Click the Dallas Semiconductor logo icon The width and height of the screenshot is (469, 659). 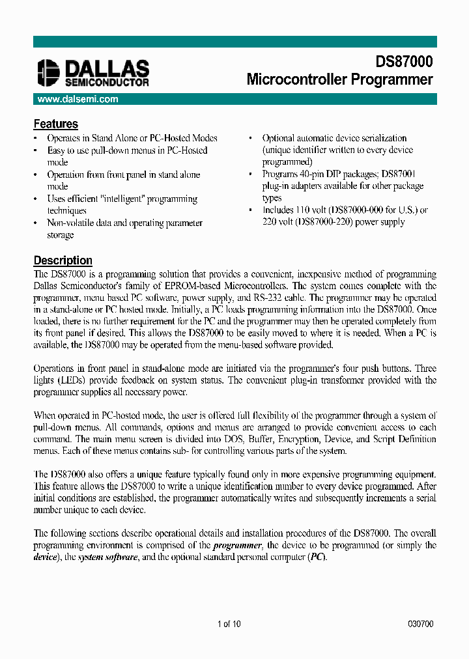coord(48,73)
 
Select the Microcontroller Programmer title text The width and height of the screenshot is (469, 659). coord(339,79)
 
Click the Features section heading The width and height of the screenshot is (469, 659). coord(55,124)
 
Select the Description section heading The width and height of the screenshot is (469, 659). coord(63,260)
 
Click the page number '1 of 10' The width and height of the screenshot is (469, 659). coord(229,624)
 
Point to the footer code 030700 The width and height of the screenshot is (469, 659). coord(420,624)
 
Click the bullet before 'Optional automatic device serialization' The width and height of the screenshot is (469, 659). coord(251,139)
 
